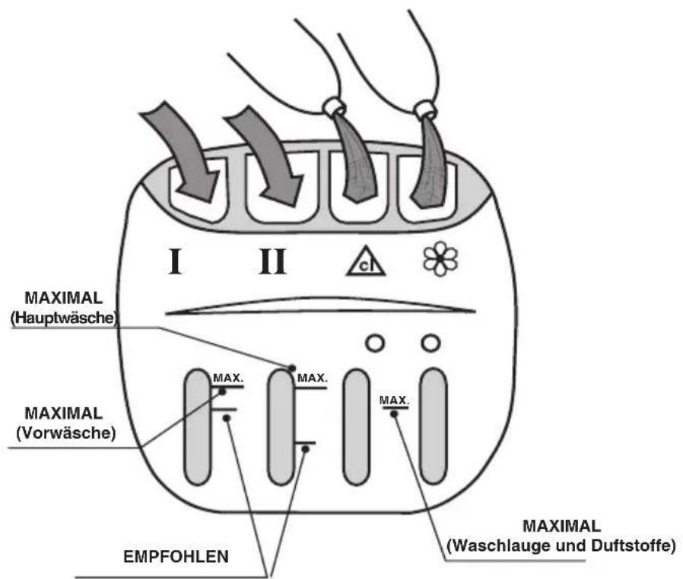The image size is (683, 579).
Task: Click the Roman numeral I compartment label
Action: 175,261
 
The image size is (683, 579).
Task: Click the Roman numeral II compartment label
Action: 272,261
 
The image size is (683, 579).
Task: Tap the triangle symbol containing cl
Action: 366,261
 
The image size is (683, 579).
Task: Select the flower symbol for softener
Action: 440,259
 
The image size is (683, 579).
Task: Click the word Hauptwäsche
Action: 64,318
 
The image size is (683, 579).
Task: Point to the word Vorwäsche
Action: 65,433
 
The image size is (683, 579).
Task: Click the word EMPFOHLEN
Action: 176,556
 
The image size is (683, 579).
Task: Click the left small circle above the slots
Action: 375,343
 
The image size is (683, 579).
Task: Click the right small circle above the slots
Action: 430,343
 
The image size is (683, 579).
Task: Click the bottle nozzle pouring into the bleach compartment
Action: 335,107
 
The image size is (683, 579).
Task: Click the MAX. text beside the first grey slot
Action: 228,378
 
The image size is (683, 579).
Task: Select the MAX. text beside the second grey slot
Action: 312,378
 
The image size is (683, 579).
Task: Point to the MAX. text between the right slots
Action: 394,400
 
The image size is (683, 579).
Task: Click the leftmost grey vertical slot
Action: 199,427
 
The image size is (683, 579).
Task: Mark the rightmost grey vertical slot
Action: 434,426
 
